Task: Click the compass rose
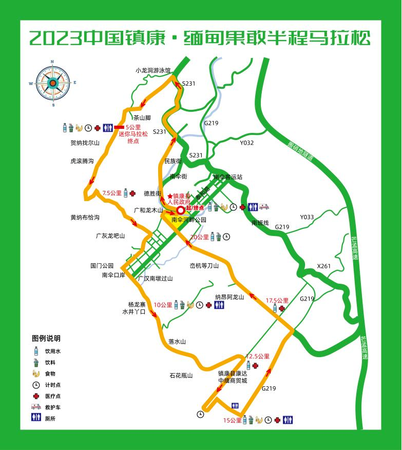pyautogui.click(x=52, y=83)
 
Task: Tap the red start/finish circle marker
pyautogui.click(x=181, y=210)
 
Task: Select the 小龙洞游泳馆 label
pyautogui.click(x=153, y=70)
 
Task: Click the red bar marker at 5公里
pyautogui.click(x=119, y=127)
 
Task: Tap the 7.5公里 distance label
pyautogui.click(x=112, y=193)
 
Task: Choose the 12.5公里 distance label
pyautogui.click(x=258, y=356)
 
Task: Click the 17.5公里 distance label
pyautogui.click(x=277, y=301)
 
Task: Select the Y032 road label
pyautogui.click(x=246, y=143)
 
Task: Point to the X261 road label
pyautogui.click(x=324, y=266)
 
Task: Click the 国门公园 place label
pyautogui.click(x=101, y=266)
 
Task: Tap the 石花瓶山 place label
pyautogui.click(x=181, y=376)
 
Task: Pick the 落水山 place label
pyautogui.click(x=176, y=342)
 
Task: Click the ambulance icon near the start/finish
pyautogui.click(x=264, y=207)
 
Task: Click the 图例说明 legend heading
pyautogui.click(x=46, y=338)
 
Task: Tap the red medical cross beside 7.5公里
pyautogui.click(x=132, y=193)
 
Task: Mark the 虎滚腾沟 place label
pyautogui.click(x=82, y=161)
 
